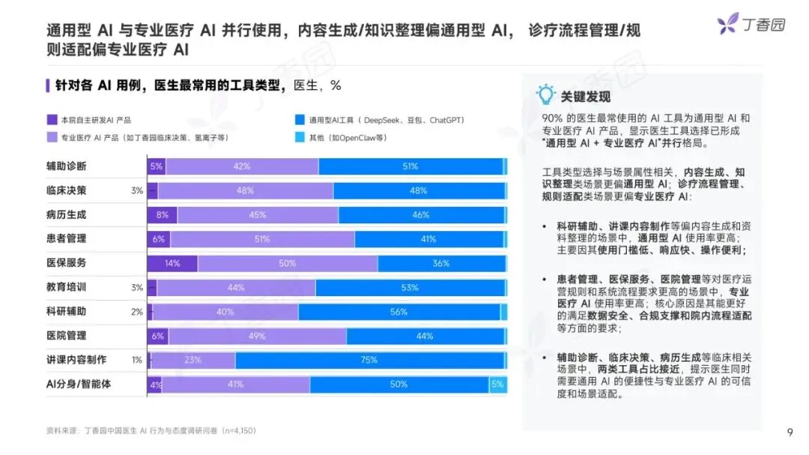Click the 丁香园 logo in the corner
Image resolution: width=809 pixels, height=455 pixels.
coord(751,23)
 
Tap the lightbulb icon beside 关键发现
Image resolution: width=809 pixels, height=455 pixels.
coord(545,94)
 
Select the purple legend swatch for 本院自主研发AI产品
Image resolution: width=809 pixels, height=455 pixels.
coord(52,120)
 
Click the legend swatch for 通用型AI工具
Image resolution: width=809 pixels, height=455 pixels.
coord(300,120)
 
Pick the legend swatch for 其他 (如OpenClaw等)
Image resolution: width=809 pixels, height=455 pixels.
coord(300,137)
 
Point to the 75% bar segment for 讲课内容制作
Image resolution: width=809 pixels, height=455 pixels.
coord(370,360)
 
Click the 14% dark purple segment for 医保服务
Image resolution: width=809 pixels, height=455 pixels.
coord(172,263)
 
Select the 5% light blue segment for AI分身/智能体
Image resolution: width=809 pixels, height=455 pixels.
coord(498,385)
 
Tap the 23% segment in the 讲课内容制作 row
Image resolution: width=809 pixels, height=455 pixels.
coord(193,360)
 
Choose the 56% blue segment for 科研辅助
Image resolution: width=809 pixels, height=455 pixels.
coord(399,312)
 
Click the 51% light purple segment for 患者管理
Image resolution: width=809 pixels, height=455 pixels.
coord(263,239)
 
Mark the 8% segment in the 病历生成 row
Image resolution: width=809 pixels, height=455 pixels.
coord(162,215)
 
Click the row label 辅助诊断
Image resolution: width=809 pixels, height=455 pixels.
coord(67,166)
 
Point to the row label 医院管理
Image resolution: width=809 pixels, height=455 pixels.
coord(67,336)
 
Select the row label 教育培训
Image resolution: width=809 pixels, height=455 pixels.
coord(67,287)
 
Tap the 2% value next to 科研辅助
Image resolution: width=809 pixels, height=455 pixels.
coord(137,312)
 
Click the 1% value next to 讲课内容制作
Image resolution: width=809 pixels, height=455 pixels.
coord(137,360)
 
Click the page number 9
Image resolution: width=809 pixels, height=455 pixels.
coord(790,433)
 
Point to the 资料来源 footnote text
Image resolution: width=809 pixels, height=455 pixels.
coord(151,431)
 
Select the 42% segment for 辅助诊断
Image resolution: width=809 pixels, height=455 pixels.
coord(242,166)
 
